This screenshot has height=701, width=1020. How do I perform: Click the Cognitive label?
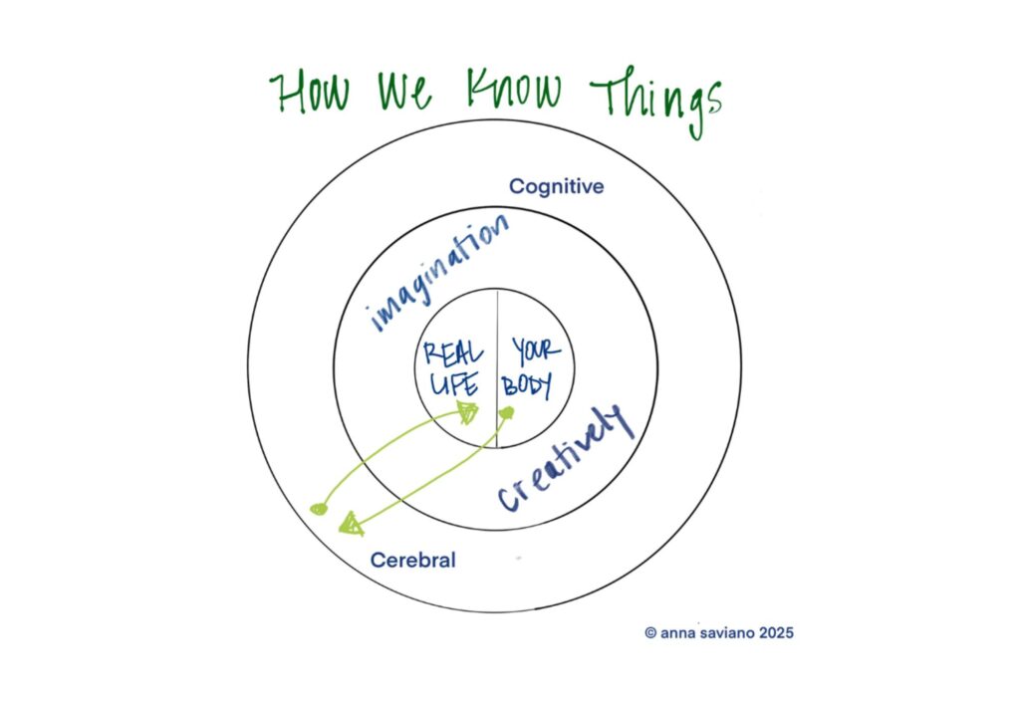click(x=556, y=186)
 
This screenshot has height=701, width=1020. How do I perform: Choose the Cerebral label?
click(x=412, y=561)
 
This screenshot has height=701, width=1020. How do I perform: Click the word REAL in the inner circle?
click(x=453, y=352)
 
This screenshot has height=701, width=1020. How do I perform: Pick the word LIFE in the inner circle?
click(x=454, y=383)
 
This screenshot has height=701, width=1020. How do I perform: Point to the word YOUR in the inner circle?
click(x=536, y=351)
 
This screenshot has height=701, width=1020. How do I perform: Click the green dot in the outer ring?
click(x=319, y=509)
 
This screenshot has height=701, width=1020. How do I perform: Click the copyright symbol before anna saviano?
click(x=650, y=631)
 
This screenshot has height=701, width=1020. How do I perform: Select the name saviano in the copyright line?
click(x=722, y=631)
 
